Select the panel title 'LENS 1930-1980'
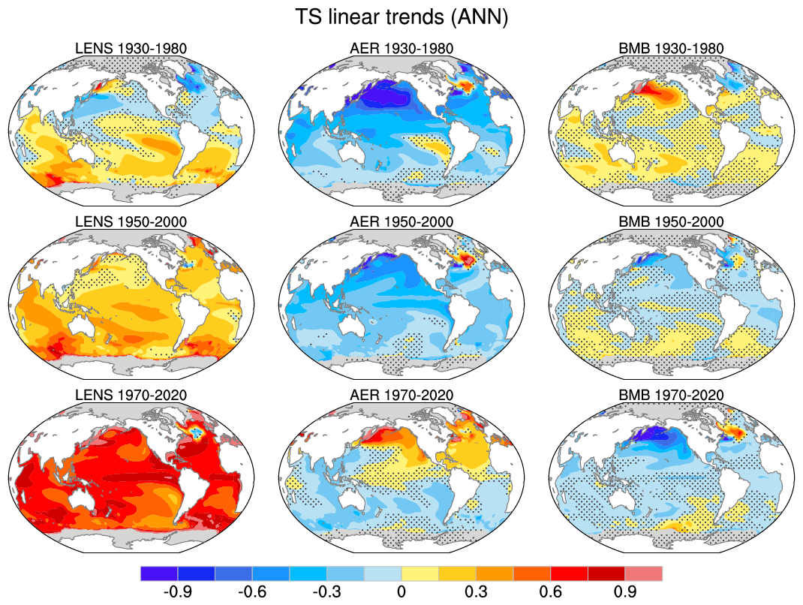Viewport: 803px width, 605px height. pos(131,49)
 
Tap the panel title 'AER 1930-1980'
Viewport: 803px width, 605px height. pos(401,49)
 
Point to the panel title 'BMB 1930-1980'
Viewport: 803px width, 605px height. pos(672,49)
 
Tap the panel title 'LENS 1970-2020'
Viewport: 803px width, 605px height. pos(131,396)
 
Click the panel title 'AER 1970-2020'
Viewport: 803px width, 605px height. pos(401,396)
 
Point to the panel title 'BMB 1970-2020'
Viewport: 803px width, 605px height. pos(672,396)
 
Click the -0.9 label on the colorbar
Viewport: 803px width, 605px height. pos(177,591)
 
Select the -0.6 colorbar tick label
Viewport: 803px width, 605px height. pos(252,591)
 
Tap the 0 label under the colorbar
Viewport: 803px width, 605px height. pos(401,591)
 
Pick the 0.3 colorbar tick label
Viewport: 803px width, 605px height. pos(476,591)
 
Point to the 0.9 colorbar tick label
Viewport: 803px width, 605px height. pos(625,591)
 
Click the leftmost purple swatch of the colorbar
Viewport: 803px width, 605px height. pos(159,573)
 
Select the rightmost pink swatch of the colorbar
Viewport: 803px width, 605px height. pos(644,573)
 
